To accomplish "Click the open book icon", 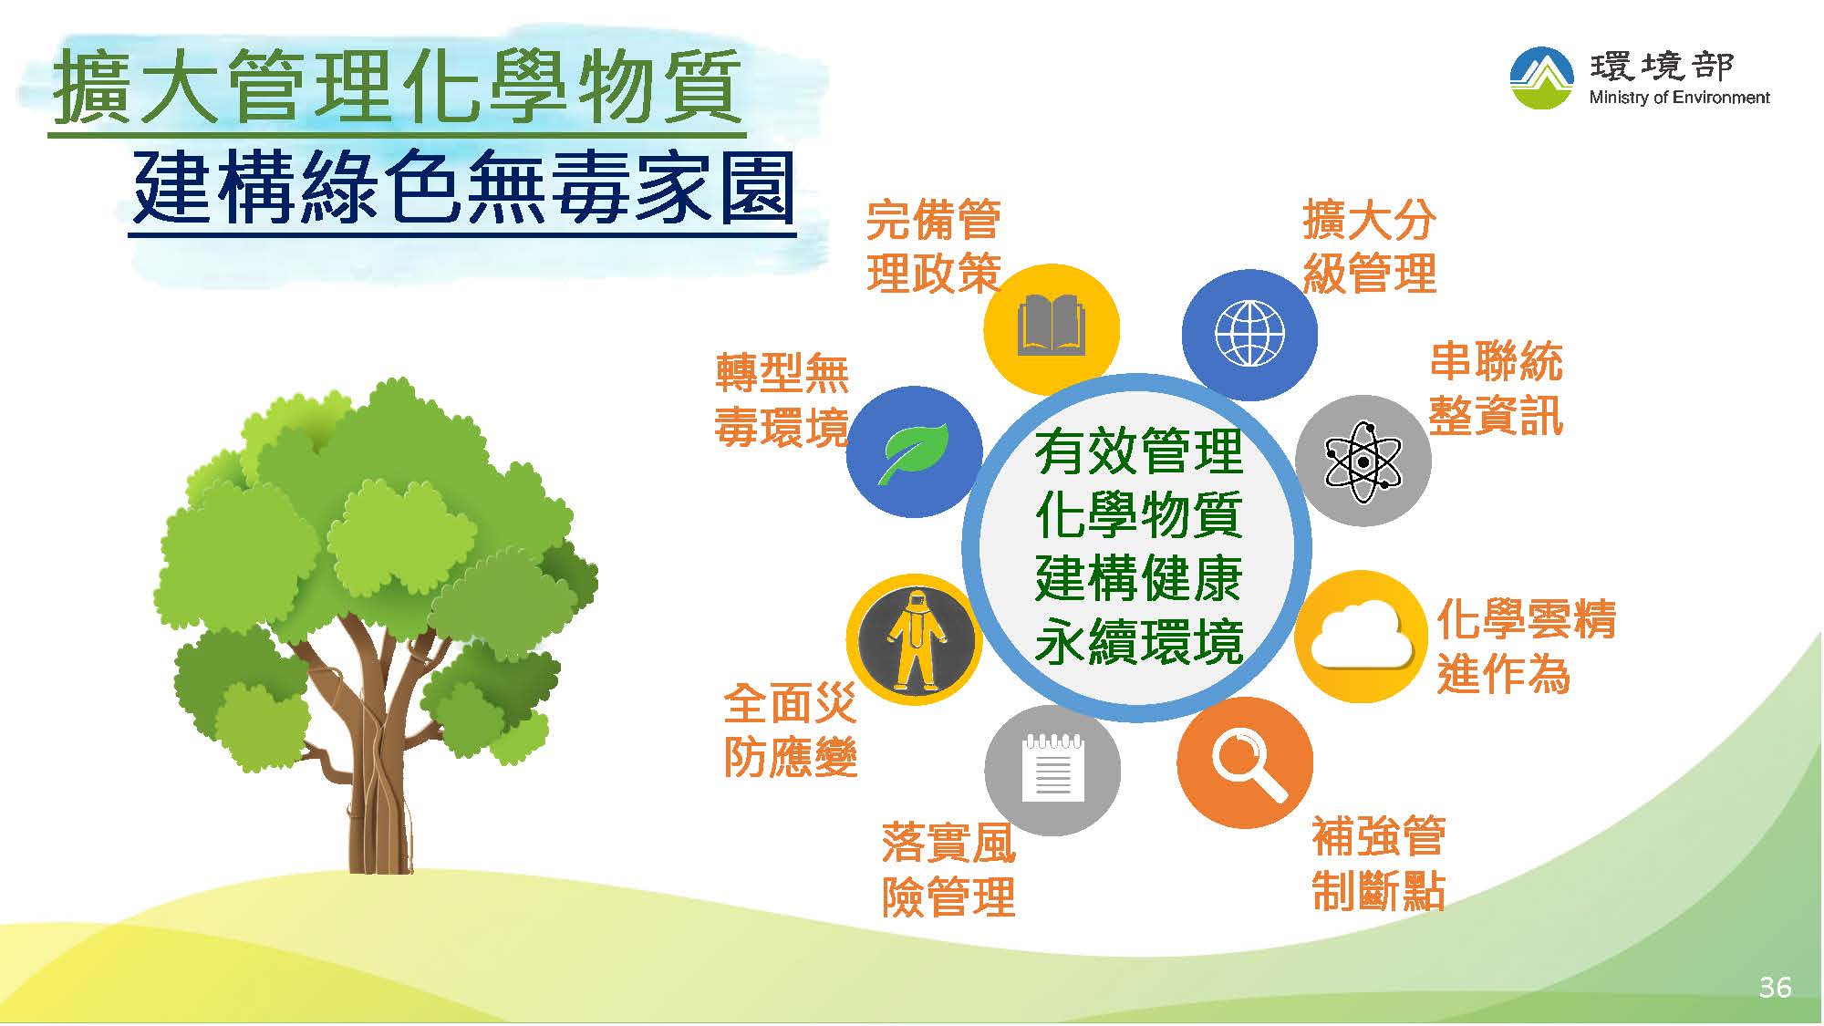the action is (x=1052, y=324).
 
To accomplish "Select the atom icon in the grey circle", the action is (x=1363, y=461).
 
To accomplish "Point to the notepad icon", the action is (x=1052, y=767).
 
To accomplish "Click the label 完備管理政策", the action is (x=933, y=246).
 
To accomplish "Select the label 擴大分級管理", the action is (x=1369, y=246).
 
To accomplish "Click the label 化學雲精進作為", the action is (x=1526, y=647).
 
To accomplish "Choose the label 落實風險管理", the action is (x=948, y=869).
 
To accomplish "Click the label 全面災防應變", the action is (x=790, y=730).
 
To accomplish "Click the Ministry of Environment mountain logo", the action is (x=1541, y=78).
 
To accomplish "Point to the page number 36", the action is (x=1775, y=987).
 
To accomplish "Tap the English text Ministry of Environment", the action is (x=1679, y=98).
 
